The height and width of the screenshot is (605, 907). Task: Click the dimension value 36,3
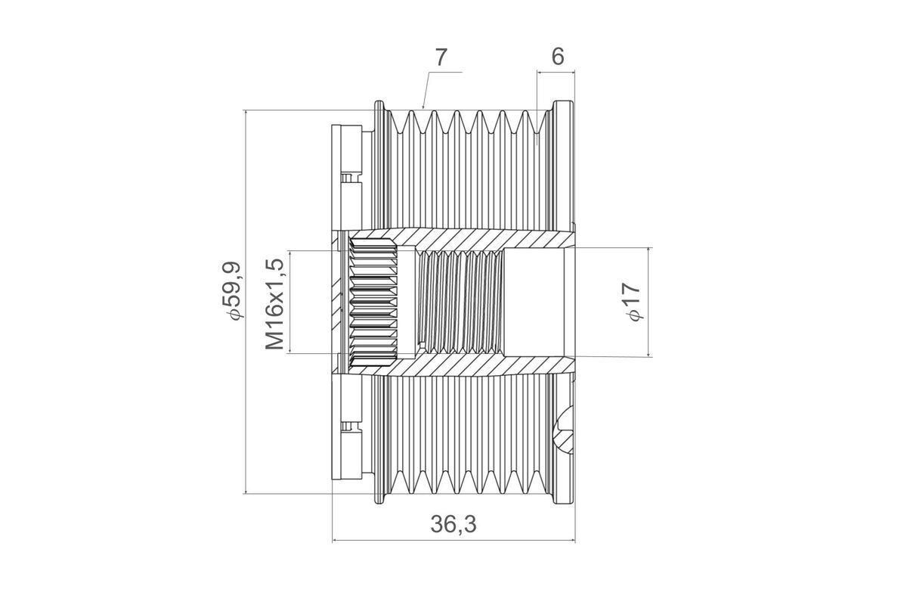coord(453,524)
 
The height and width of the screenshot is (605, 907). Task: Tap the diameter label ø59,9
coord(232,301)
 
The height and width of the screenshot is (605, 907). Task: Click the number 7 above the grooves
coord(441,56)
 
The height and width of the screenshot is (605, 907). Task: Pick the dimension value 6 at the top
coord(558,56)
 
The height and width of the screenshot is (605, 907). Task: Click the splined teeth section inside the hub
coord(373,302)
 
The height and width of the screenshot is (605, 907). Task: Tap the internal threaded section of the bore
coord(460,302)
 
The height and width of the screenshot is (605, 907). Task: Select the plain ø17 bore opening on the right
coord(535,302)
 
